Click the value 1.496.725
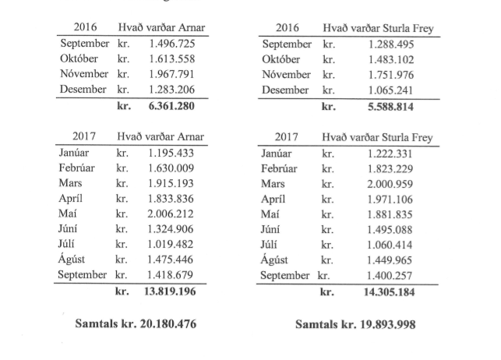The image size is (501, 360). tap(171, 44)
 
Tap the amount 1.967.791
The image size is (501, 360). tap(171, 75)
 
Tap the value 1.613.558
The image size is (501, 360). tap(171, 59)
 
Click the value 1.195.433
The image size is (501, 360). tap(171, 152)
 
